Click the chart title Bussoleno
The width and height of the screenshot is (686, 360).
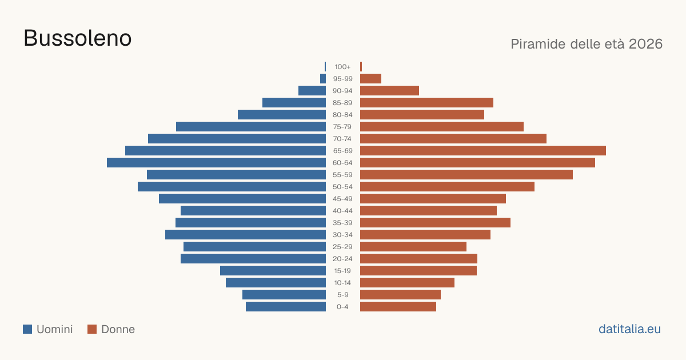tap(78, 38)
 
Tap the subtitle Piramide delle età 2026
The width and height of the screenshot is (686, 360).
tap(587, 44)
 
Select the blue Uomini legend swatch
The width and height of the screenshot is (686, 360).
tap(27, 329)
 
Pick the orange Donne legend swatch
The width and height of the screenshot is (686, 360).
tap(92, 329)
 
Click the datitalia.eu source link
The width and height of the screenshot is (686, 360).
tap(629, 329)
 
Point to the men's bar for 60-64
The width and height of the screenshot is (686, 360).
tap(216, 162)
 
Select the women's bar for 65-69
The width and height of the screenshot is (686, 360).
tap(483, 151)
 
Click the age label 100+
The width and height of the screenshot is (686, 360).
tap(342, 67)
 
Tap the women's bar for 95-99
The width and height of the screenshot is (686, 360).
tap(370, 79)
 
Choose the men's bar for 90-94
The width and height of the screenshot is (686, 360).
tap(312, 91)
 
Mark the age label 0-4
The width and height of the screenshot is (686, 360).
tap(342, 307)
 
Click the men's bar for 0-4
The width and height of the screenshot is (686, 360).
tap(286, 307)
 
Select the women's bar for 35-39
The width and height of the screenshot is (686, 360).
tap(435, 222)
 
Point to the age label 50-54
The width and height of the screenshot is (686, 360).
tap(342, 187)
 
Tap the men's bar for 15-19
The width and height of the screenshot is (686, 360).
tap(273, 271)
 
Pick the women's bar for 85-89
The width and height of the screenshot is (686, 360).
tap(426, 102)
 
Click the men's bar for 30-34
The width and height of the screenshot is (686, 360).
tap(246, 235)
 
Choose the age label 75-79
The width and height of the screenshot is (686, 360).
tap(342, 127)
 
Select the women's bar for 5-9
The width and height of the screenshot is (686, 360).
tap(400, 295)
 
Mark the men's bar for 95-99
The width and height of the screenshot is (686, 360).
tap(323, 79)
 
